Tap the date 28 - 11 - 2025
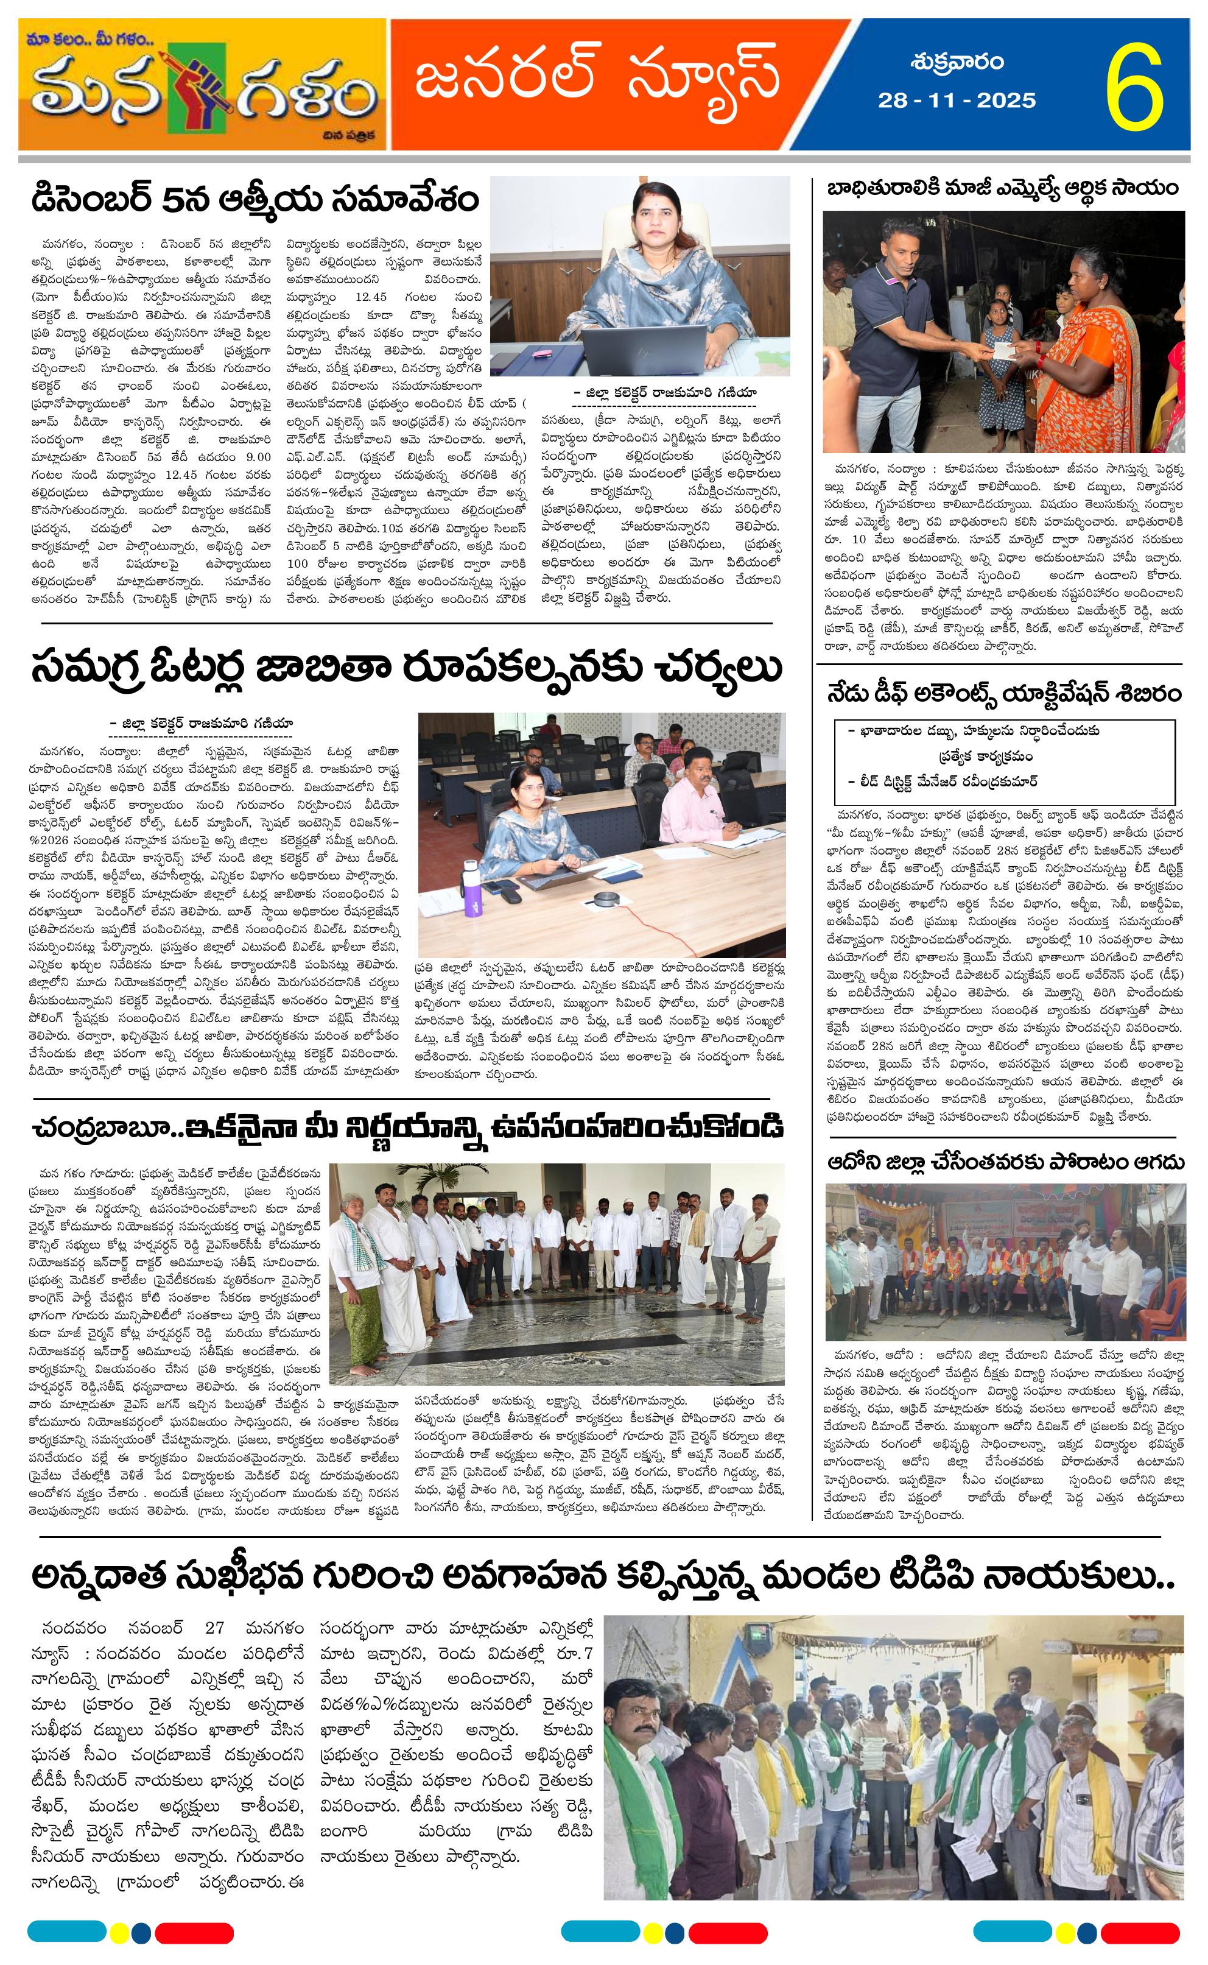[957, 101]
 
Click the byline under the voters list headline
[202, 723]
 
